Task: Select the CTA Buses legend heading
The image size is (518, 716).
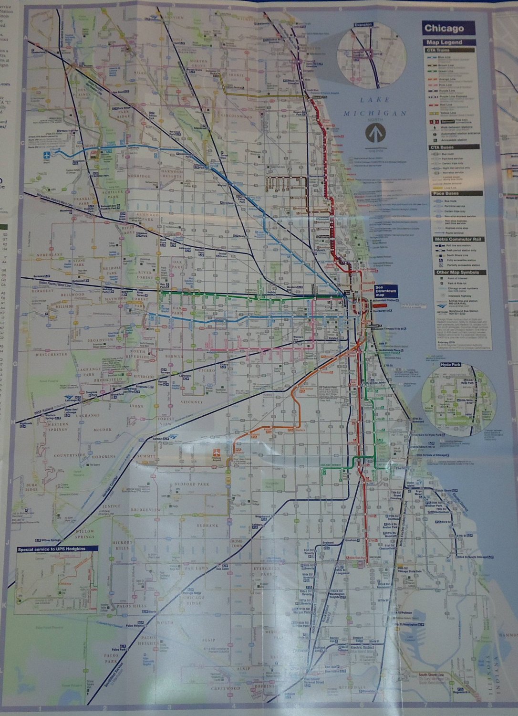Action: coord(445,148)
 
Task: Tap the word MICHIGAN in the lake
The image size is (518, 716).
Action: coord(375,113)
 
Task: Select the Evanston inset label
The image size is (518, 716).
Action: coord(363,24)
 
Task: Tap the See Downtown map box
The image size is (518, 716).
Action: coord(385,292)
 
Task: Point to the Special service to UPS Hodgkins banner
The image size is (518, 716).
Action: coord(57,549)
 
